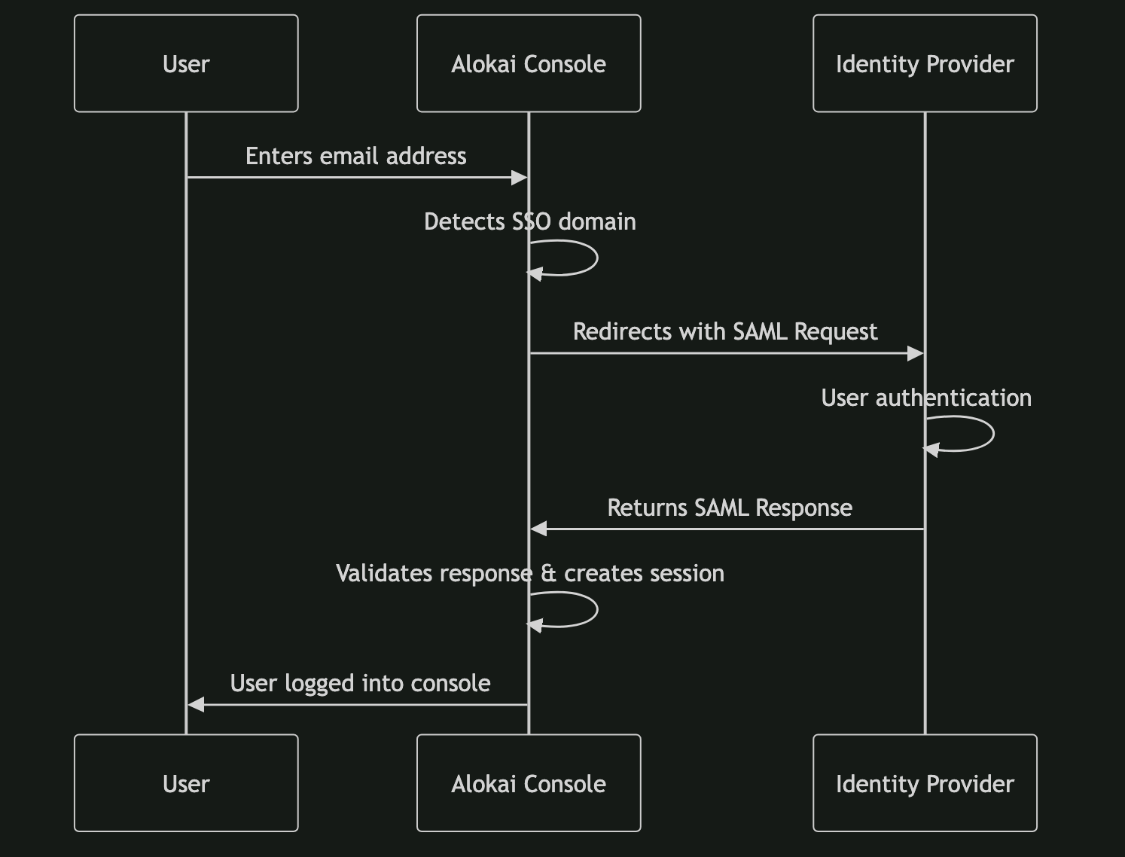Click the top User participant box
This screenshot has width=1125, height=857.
(186, 63)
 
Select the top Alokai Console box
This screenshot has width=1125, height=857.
(529, 63)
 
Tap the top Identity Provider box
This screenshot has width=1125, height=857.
(925, 63)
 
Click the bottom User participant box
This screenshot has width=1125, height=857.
(186, 783)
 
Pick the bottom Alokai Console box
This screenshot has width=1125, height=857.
(529, 783)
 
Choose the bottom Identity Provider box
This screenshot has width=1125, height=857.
(925, 783)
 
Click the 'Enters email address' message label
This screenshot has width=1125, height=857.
(355, 156)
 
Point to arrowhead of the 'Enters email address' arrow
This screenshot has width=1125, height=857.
(520, 178)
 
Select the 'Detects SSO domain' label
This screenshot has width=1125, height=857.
(529, 221)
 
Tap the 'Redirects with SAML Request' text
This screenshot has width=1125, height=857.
(724, 331)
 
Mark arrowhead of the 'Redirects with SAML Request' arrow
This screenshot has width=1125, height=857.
(916, 353)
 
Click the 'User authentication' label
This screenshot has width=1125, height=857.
(925, 398)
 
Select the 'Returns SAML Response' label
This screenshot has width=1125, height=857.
(729, 508)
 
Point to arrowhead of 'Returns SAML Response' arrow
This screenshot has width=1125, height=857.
(538, 529)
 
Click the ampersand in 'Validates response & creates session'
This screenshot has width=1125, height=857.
(548, 574)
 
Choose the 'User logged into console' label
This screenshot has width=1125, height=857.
(360, 683)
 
